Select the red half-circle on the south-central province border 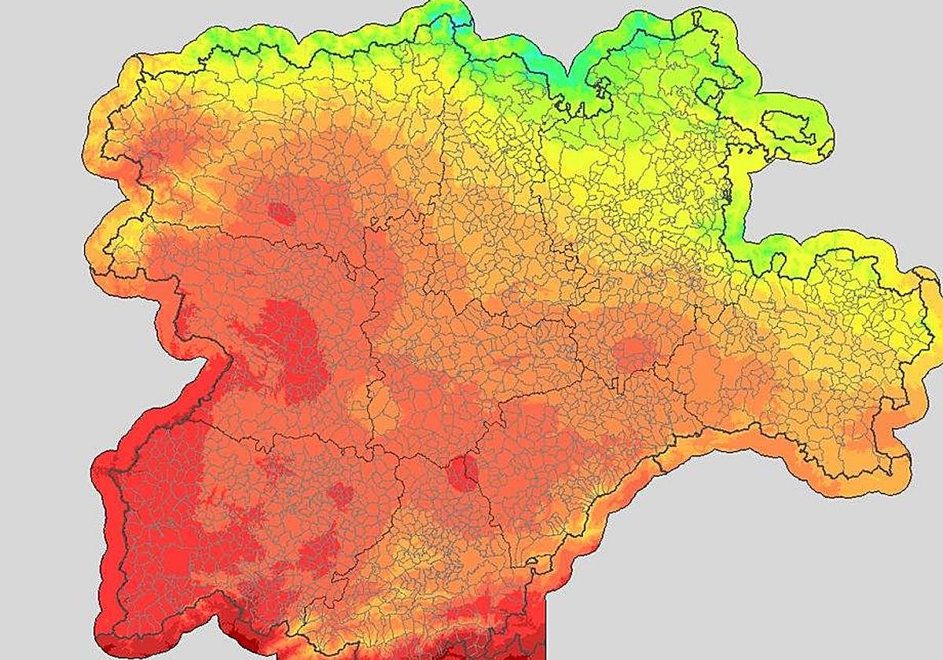point(461,474)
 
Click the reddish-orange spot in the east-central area point(633,353)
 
